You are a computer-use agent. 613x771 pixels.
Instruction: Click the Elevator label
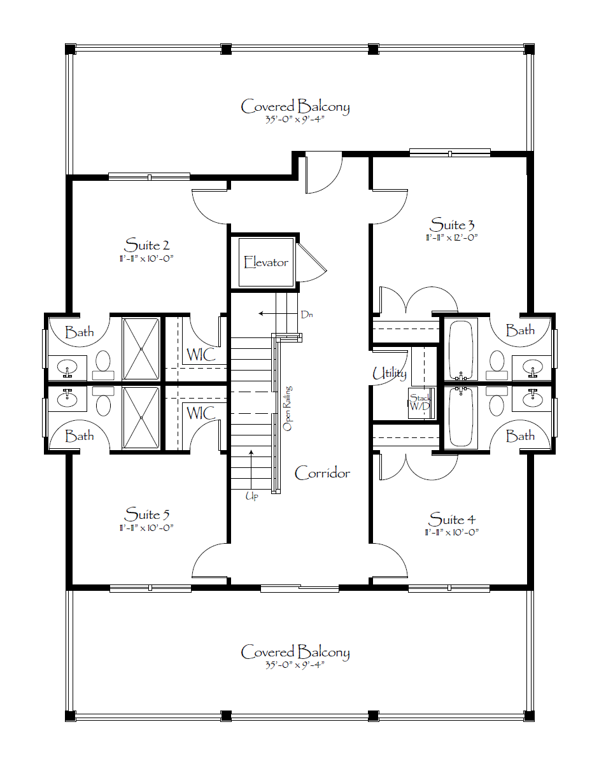click(x=266, y=262)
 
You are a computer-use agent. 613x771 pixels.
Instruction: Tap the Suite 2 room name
click(x=146, y=244)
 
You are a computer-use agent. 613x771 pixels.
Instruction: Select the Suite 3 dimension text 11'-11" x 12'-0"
click(x=451, y=237)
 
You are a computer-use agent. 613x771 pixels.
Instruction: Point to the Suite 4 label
click(x=452, y=519)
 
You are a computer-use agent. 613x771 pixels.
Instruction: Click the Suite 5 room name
click(x=146, y=514)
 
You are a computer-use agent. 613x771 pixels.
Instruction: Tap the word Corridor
click(x=322, y=473)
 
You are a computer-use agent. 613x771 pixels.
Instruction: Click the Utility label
click(x=390, y=374)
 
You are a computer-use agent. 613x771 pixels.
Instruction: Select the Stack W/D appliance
click(x=421, y=404)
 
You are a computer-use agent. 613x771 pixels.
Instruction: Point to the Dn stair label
click(x=307, y=315)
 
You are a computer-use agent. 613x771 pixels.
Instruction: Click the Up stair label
click(x=251, y=496)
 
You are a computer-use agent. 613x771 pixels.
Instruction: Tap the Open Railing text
click(x=287, y=408)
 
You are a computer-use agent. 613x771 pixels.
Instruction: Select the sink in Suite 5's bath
click(x=67, y=399)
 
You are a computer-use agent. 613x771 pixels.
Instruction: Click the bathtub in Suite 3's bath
click(x=461, y=350)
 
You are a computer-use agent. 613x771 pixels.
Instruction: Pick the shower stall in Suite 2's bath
click(x=141, y=349)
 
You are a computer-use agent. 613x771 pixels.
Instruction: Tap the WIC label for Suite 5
click(x=201, y=413)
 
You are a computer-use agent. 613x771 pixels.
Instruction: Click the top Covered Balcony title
click(x=295, y=106)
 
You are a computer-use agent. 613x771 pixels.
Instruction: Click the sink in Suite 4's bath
click(x=532, y=399)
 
